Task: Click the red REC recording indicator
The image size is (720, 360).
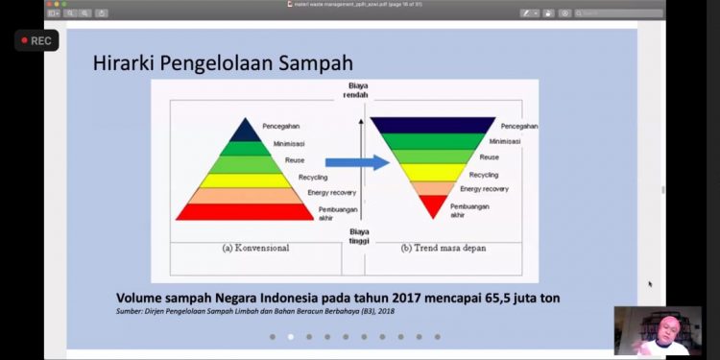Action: coord(36,40)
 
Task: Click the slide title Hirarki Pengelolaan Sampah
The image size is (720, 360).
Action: coord(222,63)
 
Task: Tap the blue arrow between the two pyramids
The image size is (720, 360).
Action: coord(356,162)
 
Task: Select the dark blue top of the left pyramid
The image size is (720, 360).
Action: coord(245,130)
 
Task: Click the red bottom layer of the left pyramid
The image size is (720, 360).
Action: coord(245,211)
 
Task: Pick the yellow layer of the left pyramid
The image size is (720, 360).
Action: coord(245,180)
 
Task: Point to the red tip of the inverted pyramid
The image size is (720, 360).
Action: coord(433,204)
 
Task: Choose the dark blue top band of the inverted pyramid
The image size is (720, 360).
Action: coord(433,125)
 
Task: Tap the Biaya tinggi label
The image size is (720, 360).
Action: coord(359,236)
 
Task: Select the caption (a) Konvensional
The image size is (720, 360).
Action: coord(255,248)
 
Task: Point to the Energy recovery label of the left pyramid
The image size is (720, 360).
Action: coord(331,193)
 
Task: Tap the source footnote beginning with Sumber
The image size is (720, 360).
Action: coord(255,311)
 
